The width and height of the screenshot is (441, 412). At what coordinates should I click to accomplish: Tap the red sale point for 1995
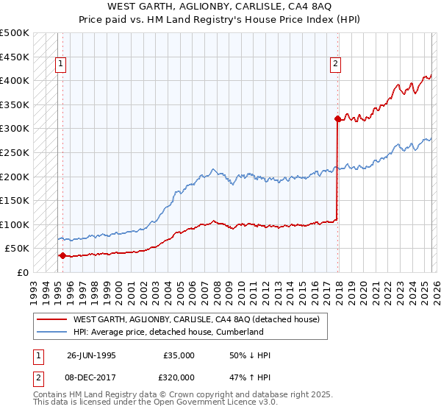pyautogui.click(x=62, y=256)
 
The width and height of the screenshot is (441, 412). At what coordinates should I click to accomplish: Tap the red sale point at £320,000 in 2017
pyautogui.click(x=337, y=118)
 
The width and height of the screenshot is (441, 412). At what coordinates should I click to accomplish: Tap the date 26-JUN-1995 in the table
pyautogui.click(x=91, y=355)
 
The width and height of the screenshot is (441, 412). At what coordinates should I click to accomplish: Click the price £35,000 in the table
pyautogui.click(x=179, y=355)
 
